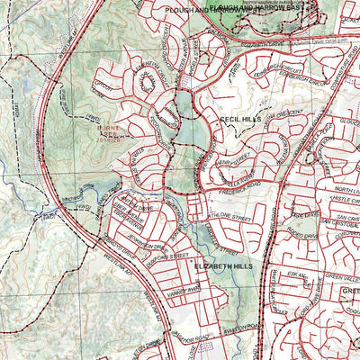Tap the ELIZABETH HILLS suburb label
(223, 267)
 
